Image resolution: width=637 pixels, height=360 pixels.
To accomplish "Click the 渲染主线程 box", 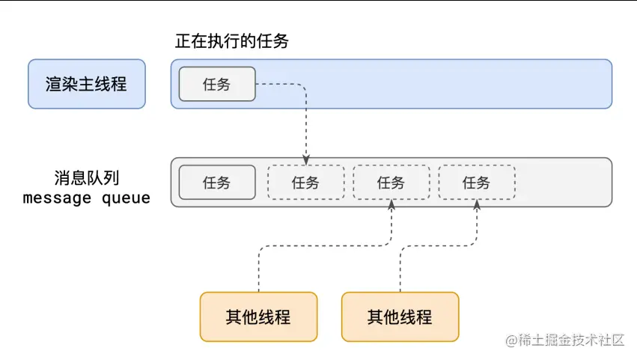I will coord(86,84).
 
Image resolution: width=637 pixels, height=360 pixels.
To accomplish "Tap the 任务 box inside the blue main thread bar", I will coord(216,84).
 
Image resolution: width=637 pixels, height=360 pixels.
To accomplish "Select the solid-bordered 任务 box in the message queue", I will coord(216,182).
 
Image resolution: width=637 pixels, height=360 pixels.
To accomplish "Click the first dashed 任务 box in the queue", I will coord(305,182).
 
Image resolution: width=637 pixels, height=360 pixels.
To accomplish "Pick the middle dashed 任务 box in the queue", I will coord(391,182).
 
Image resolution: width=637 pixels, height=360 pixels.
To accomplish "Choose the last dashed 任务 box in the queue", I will coord(476,182).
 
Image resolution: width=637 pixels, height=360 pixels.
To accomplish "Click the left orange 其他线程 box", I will coord(258,317).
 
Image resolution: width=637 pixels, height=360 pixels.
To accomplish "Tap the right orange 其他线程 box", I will coord(400,317).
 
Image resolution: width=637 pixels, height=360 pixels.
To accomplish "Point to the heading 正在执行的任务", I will coord(232,42).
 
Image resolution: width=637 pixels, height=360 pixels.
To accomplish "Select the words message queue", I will coord(86,198).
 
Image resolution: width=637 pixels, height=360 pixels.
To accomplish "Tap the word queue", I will coord(127,198).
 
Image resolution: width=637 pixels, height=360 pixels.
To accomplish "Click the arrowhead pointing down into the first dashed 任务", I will coord(306,160).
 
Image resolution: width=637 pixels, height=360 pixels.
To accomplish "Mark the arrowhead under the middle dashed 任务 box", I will coord(391,204).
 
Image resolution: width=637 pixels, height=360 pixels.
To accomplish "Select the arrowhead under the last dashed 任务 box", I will coord(477,204).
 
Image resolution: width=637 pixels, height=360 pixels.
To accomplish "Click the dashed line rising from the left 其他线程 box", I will coord(258,269).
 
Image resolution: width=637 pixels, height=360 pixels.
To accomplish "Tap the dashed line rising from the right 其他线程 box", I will coord(400,269).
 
